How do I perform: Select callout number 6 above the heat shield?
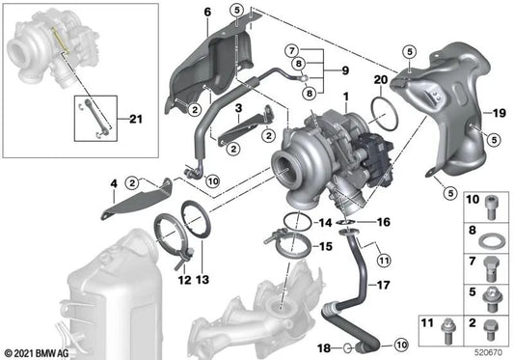tap(205, 12)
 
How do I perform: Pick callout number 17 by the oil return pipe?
tap(384, 287)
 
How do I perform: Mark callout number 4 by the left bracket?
tap(114, 182)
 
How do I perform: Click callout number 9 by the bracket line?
tap(336, 69)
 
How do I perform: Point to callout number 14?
tap(325, 222)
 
